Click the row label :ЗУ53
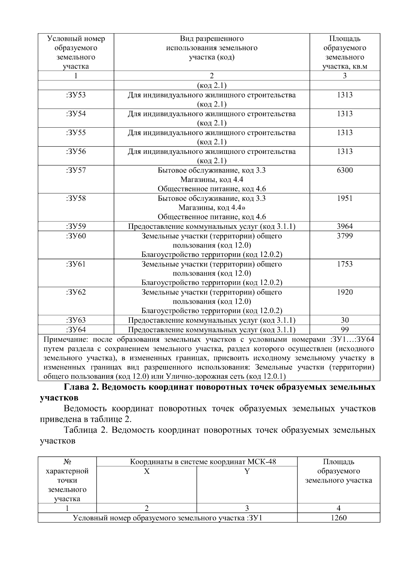click(76, 95)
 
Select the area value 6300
click(345, 170)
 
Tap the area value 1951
click(345, 198)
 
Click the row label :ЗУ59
click(76, 227)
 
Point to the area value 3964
click(345, 227)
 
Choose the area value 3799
click(345, 236)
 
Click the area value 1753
click(345, 264)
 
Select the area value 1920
click(345, 292)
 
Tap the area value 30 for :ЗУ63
click(345, 320)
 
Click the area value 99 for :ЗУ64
click(345, 330)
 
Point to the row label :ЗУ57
click(76, 170)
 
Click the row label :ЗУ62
click(76, 292)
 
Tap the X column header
click(147, 471)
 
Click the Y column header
click(247, 471)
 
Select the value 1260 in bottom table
click(338, 518)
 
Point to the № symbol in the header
click(68, 462)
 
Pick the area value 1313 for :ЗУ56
click(345, 152)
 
